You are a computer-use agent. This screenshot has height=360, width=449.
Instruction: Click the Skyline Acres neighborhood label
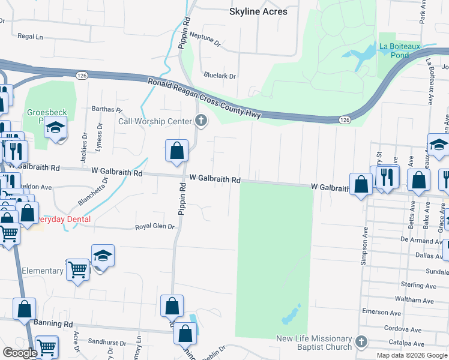point(258,11)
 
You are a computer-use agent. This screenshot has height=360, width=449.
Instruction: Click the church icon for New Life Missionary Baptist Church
point(360,342)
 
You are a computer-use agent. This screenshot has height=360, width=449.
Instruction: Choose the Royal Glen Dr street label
point(154,227)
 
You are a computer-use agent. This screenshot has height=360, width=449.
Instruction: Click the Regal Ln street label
point(31,37)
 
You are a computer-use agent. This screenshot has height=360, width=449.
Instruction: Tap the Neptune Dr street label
point(204,41)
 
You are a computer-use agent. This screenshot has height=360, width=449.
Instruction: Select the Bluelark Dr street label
point(220,76)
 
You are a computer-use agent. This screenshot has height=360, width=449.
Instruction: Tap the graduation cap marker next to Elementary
point(103,256)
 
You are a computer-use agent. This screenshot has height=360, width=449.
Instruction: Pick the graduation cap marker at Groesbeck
point(56,129)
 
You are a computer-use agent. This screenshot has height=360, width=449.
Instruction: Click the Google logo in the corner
point(20,353)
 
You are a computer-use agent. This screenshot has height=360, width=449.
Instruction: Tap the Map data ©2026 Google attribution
point(411,355)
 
